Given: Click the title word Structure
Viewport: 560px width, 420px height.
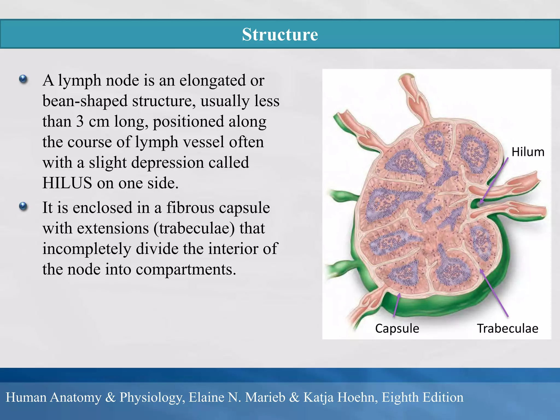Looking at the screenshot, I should [x=280, y=34].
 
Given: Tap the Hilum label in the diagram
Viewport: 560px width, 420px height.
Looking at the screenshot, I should [x=528, y=152].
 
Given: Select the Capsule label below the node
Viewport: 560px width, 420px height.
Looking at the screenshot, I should [x=397, y=328].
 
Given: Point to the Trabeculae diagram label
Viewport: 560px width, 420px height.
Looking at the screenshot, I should [x=507, y=328].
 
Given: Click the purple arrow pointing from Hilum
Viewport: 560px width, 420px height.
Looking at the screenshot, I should [x=494, y=180].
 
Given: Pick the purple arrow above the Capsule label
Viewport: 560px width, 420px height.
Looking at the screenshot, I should [x=396, y=305].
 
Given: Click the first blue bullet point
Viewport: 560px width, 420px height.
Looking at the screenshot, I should [x=24, y=79].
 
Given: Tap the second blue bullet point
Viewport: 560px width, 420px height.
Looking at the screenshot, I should [x=24, y=206].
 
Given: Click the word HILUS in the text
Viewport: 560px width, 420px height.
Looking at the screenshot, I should [x=67, y=183].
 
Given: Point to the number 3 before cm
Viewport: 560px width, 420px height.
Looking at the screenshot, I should [x=80, y=121].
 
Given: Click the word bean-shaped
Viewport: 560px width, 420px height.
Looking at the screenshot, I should [x=85, y=101].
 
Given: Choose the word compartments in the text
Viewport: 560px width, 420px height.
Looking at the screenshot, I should [x=186, y=269].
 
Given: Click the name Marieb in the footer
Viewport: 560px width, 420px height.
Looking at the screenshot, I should [x=265, y=397].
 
